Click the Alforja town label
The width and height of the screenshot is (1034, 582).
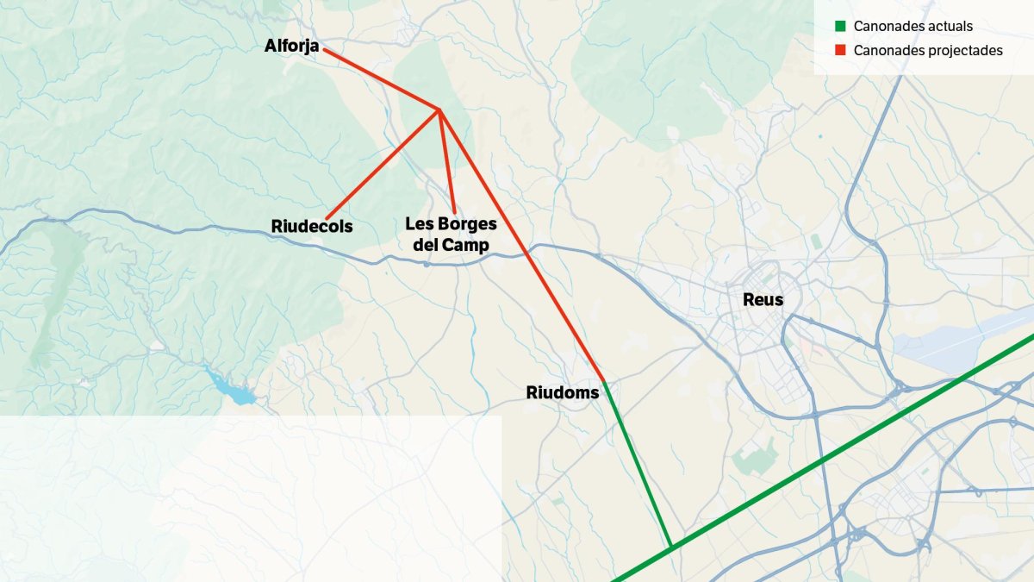pyautogui.click(x=291, y=46)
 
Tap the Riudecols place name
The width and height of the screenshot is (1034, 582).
pyautogui.click(x=312, y=226)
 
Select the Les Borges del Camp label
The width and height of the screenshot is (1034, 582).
pyautogui.click(x=451, y=235)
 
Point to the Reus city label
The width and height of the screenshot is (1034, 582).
pyautogui.click(x=763, y=300)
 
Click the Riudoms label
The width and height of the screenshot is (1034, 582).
pyautogui.click(x=562, y=393)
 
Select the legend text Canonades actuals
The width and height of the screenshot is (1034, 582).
pyautogui.click(x=913, y=27)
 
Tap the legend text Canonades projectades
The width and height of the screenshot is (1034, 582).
pyautogui.click(x=928, y=51)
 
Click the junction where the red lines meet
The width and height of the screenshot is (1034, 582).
pyautogui.click(x=439, y=110)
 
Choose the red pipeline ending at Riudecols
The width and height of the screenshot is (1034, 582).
pyautogui.click(x=383, y=164)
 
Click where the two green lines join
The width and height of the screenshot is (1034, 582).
pyautogui.click(x=671, y=547)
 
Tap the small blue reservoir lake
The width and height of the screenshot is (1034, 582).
pyautogui.click(x=231, y=389)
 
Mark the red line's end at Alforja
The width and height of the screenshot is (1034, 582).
pyautogui.click(x=325, y=50)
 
